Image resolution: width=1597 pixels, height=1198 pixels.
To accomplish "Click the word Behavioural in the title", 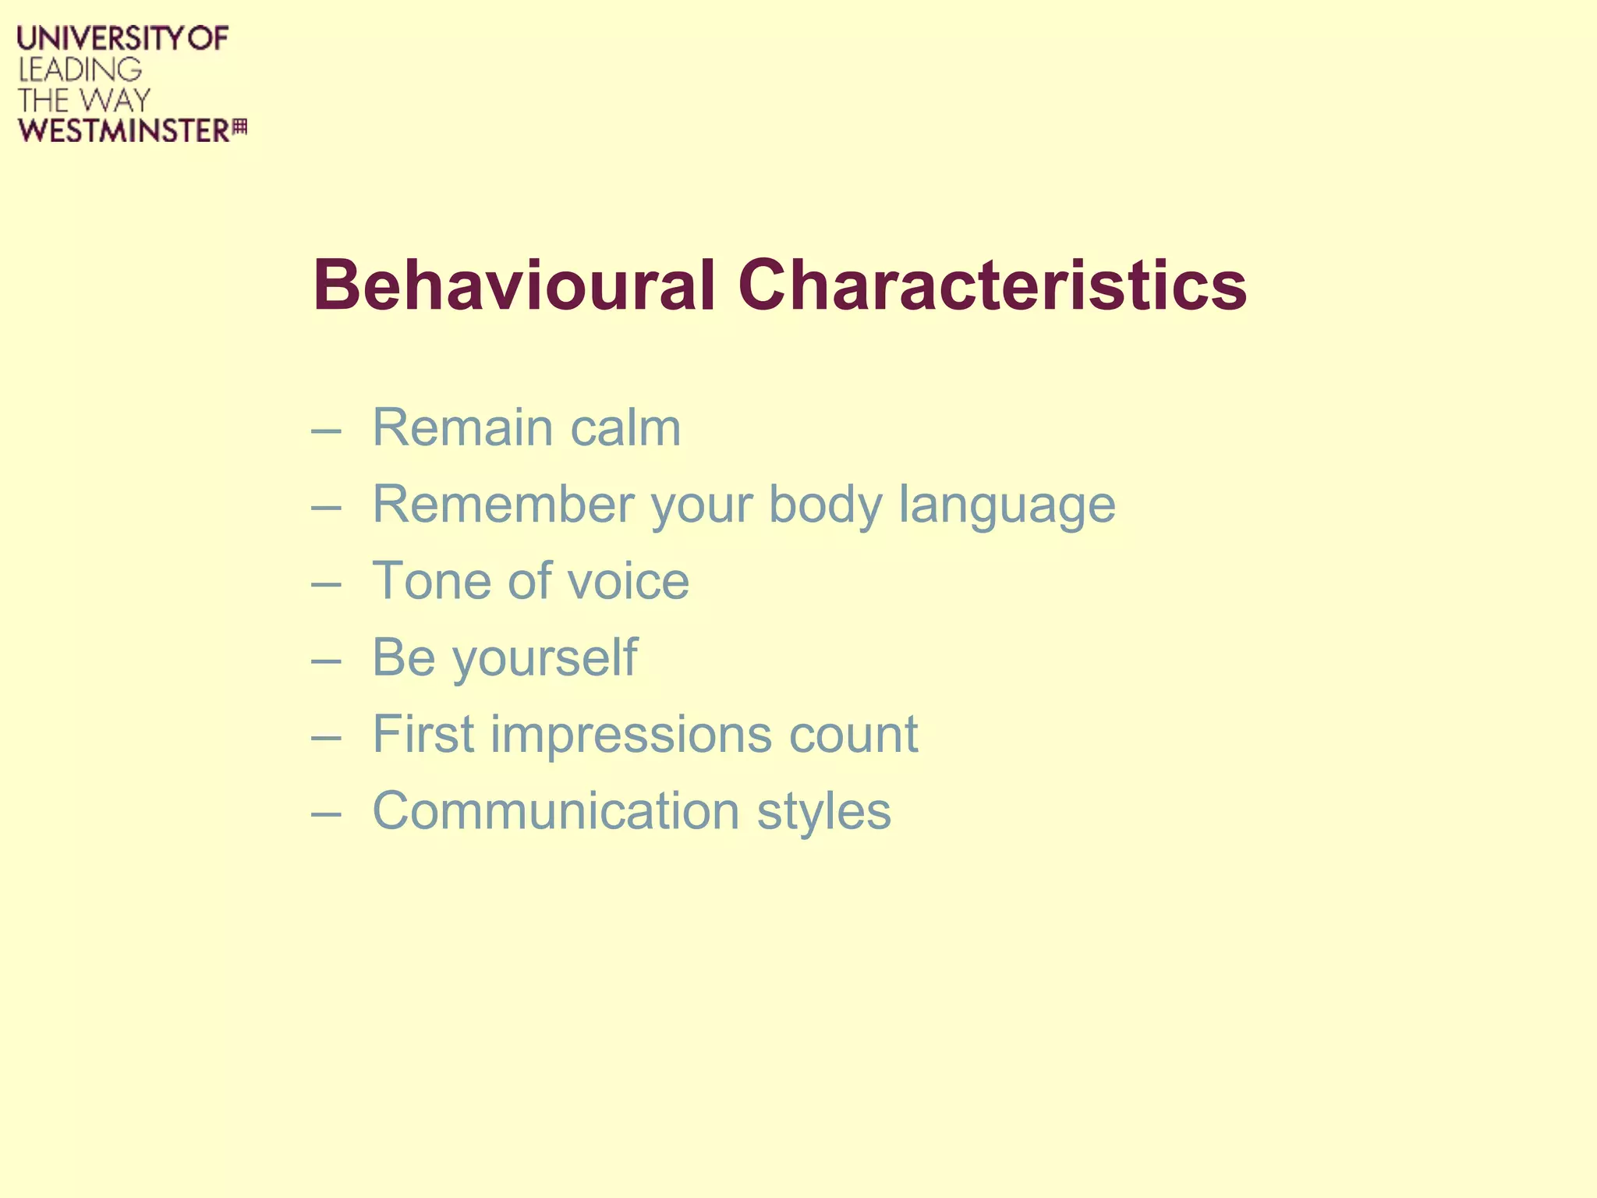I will click(513, 285).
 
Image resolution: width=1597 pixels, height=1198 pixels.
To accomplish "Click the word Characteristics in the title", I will click(992, 285).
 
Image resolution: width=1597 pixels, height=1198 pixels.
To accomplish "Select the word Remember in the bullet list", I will click(503, 505).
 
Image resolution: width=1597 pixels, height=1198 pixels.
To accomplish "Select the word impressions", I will click(631, 735).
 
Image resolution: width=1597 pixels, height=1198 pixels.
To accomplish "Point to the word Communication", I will click(555, 811).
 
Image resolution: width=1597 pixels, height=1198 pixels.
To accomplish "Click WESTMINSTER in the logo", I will click(124, 131).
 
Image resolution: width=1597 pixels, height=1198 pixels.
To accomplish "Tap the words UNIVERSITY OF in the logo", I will click(123, 39).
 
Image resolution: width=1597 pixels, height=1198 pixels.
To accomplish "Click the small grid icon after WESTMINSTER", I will click(240, 126).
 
